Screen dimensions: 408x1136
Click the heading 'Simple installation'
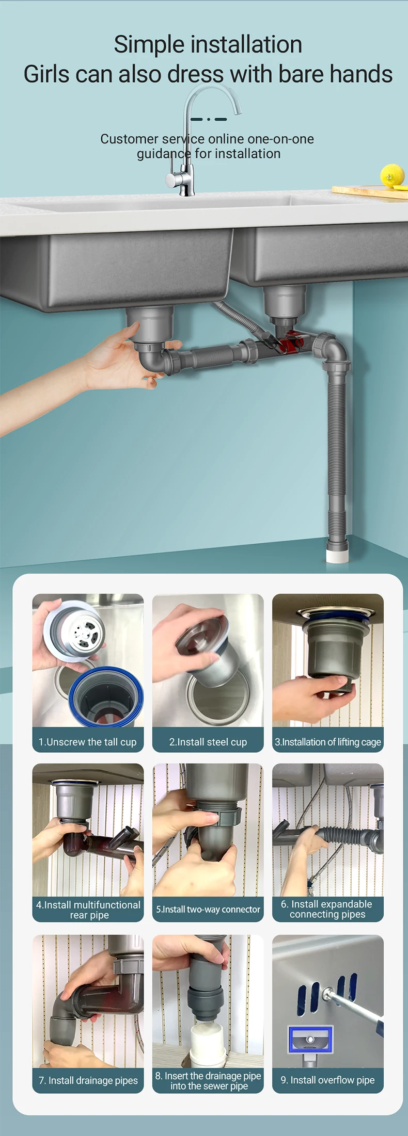[x=208, y=44]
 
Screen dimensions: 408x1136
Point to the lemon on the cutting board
[x=393, y=175]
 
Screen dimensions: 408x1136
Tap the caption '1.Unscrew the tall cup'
[x=88, y=742]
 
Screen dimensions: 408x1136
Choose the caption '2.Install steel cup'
[x=208, y=742]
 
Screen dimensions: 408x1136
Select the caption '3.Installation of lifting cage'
[x=328, y=742]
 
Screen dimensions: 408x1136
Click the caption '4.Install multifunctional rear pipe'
[x=88, y=910]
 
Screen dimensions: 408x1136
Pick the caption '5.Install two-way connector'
[x=208, y=909]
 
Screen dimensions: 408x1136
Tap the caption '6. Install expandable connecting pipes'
[x=327, y=909]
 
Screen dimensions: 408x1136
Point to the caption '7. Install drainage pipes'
[x=88, y=1080]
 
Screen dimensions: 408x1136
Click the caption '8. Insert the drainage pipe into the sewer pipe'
[x=208, y=1081]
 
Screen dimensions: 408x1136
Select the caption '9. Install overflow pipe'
[x=327, y=1080]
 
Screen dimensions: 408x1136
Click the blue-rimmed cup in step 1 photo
[x=106, y=696]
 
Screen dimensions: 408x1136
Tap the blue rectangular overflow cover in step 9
[x=310, y=1038]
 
